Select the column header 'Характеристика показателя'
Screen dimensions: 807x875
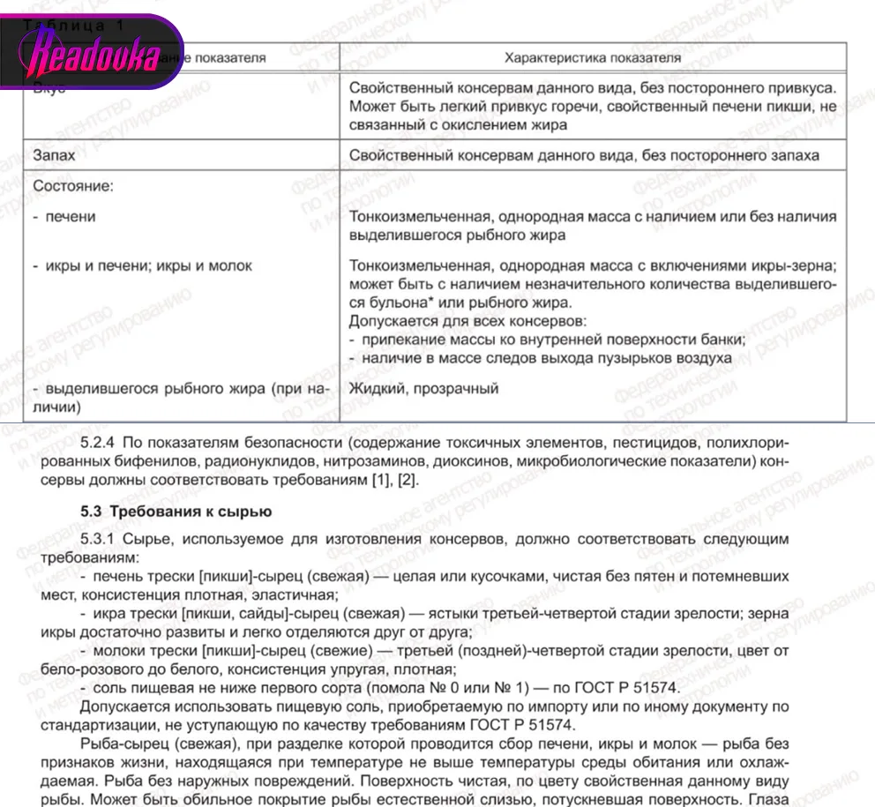(x=592, y=58)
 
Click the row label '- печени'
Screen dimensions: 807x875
(x=71, y=216)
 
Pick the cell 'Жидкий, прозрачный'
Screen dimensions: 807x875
(x=424, y=388)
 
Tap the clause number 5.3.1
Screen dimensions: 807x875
(x=98, y=539)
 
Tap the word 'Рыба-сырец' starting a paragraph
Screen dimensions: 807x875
(x=117, y=743)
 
